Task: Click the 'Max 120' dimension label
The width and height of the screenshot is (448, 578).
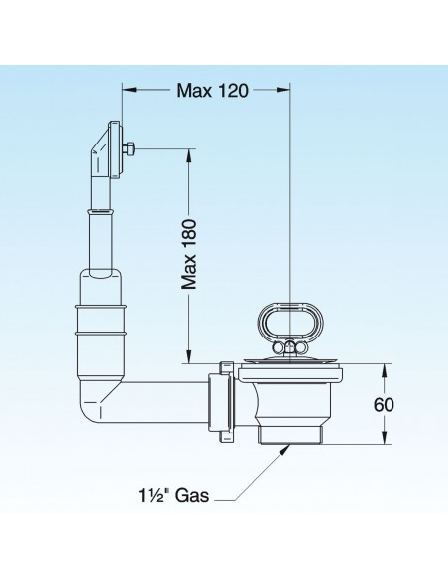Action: [x=212, y=90]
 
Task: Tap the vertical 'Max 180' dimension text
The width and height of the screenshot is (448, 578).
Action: [x=188, y=254]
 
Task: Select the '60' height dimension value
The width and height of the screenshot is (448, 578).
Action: [x=384, y=405]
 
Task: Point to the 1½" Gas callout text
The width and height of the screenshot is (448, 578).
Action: [x=173, y=495]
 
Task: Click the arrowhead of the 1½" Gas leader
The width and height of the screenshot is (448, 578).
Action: [x=285, y=449]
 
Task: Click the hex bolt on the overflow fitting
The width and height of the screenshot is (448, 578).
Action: [x=129, y=149]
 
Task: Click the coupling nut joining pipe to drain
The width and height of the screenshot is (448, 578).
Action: [x=221, y=402]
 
